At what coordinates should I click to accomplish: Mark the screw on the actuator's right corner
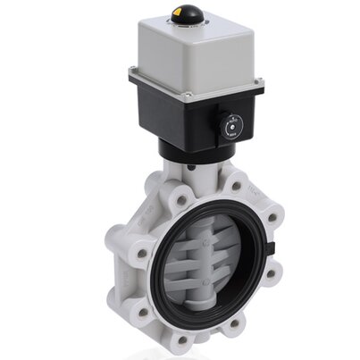(x=260, y=87)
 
